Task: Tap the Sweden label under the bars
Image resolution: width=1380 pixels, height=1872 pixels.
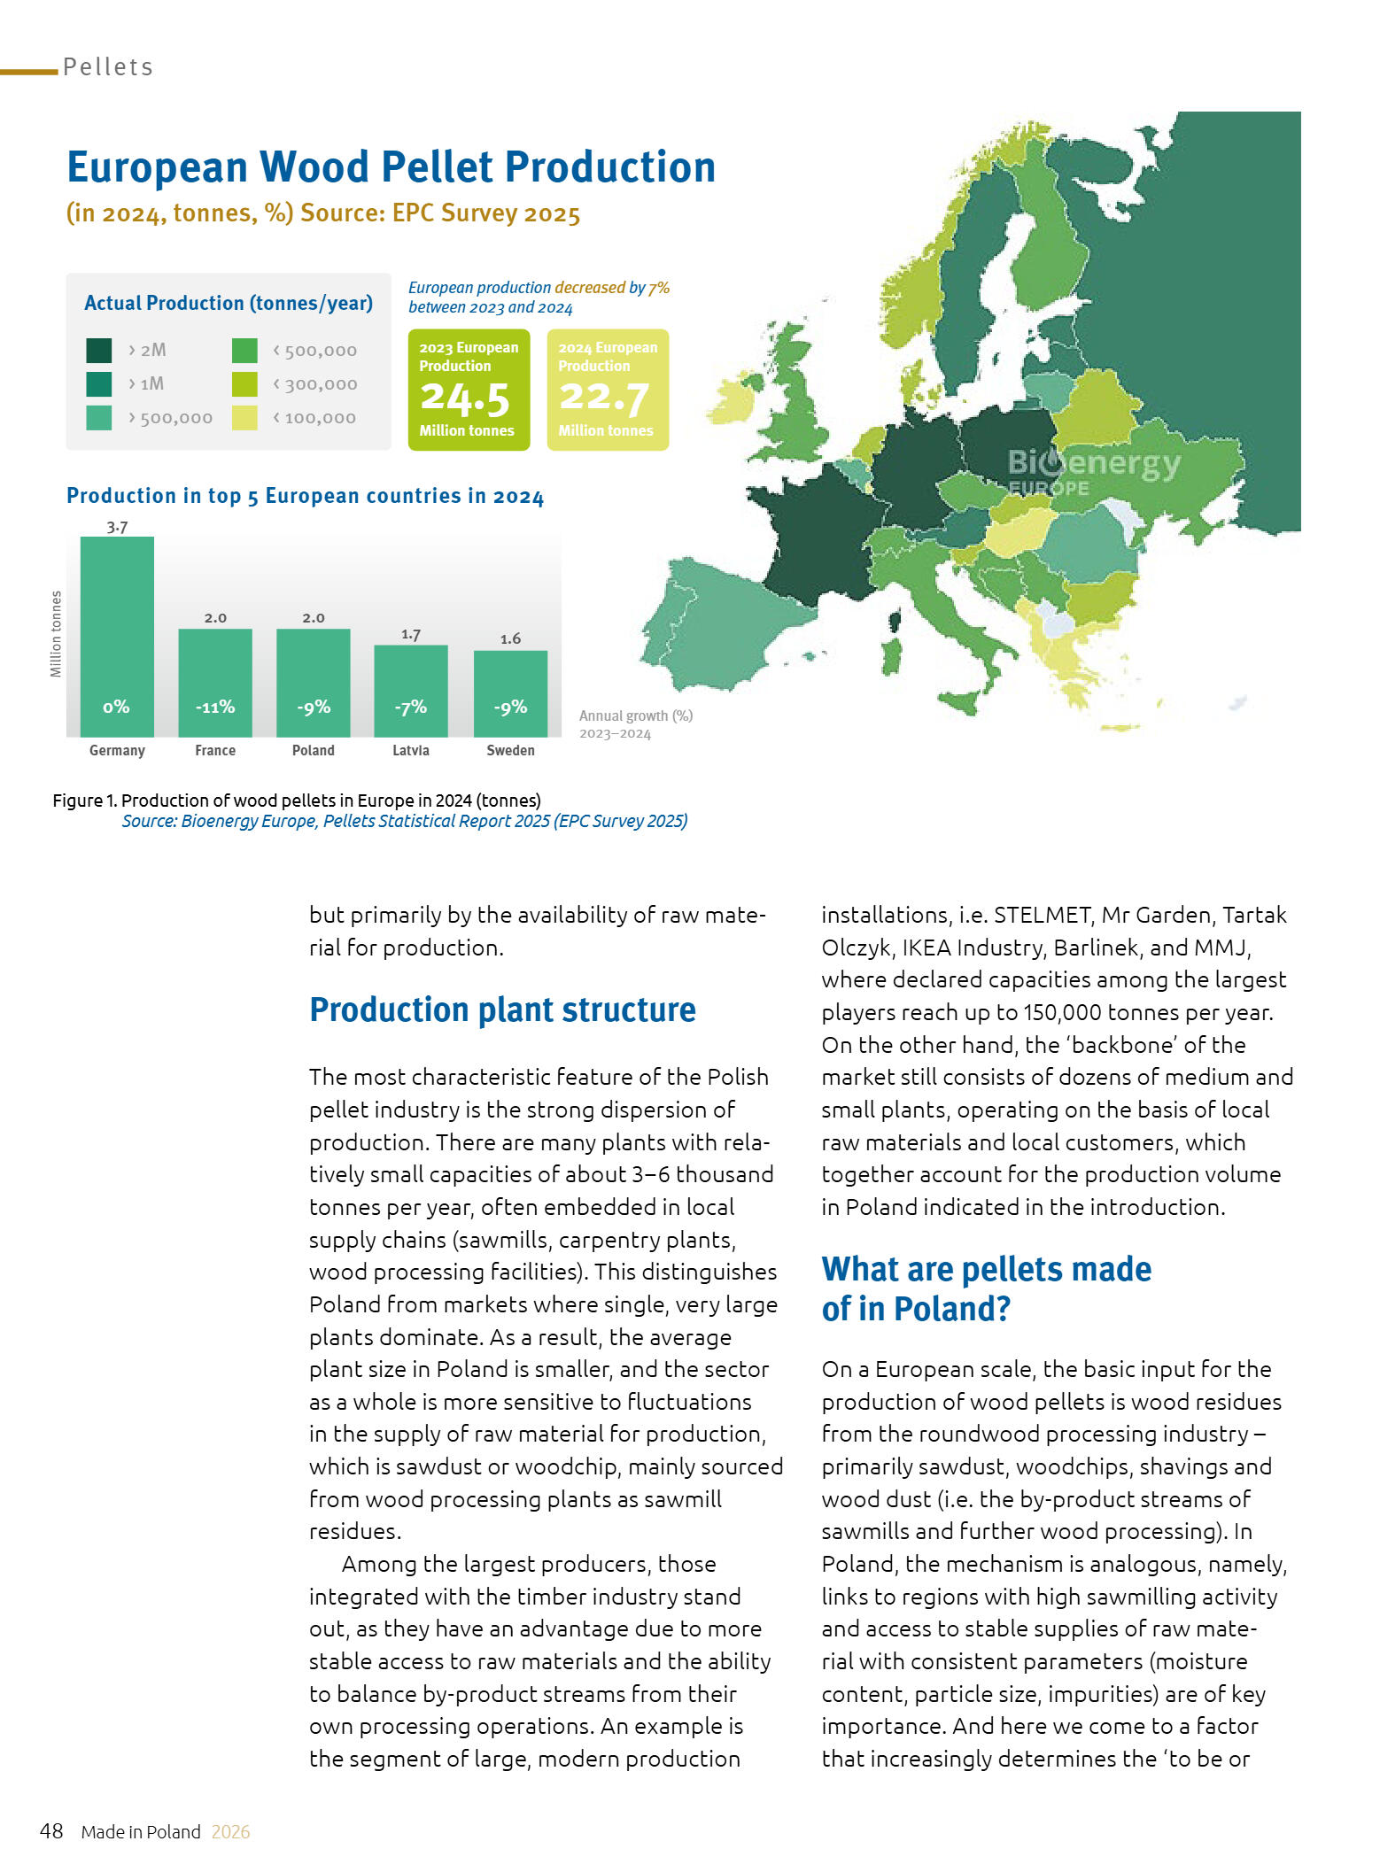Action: click(x=510, y=750)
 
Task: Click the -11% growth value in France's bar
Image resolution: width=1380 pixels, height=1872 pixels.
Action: click(x=215, y=707)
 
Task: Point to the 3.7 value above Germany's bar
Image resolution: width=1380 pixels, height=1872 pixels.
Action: click(x=117, y=527)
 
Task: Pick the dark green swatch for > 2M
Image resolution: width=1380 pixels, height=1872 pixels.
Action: click(x=99, y=351)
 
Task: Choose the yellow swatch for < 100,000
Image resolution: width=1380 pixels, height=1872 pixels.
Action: click(x=244, y=418)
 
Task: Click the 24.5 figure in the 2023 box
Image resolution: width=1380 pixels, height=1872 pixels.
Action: click(x=465, y=398)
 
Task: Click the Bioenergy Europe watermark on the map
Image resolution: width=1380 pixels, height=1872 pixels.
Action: click(x=1094, y=470)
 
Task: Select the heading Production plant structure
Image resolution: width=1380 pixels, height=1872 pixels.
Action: click(x=502, y=1009)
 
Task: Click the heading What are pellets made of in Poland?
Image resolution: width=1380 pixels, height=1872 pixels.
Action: click(x=986, y=1288)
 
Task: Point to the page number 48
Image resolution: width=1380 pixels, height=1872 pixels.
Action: click(x=51, y=1831)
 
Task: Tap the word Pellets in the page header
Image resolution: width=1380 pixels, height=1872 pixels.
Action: click(x=108, y=67)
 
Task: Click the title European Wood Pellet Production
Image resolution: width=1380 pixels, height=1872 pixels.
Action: click(x=391, y=167)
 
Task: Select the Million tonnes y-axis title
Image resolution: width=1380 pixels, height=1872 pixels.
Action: click(x=57, y=634)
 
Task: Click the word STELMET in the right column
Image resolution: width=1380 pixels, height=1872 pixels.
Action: click(x=1042, y=915)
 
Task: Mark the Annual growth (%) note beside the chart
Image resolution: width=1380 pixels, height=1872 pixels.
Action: click(x=635, y=716)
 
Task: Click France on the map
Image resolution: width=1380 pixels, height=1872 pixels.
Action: click(x=819, y=540)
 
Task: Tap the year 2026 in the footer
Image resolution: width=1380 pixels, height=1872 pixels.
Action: click(x=230, y=1832)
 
